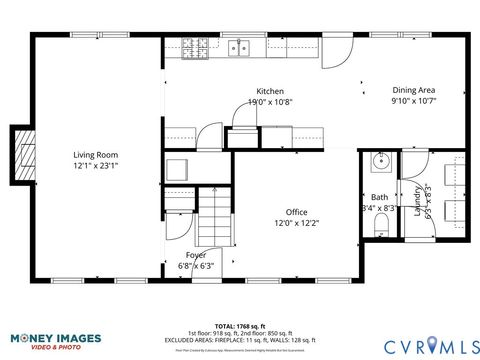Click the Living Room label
click(95, 155)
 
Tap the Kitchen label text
click(270, 91)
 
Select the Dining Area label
click(413, 90)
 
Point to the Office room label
click(296, 212)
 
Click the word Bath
click(379, 197)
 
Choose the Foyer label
click(195, 255)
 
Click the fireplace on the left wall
click(20, 155)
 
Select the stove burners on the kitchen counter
click(193, 46)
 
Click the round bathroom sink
click(380, 161)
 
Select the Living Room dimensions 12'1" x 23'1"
click(95, 166)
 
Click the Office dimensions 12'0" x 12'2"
click(296, 223)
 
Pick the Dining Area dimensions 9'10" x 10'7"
click(413, 101)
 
